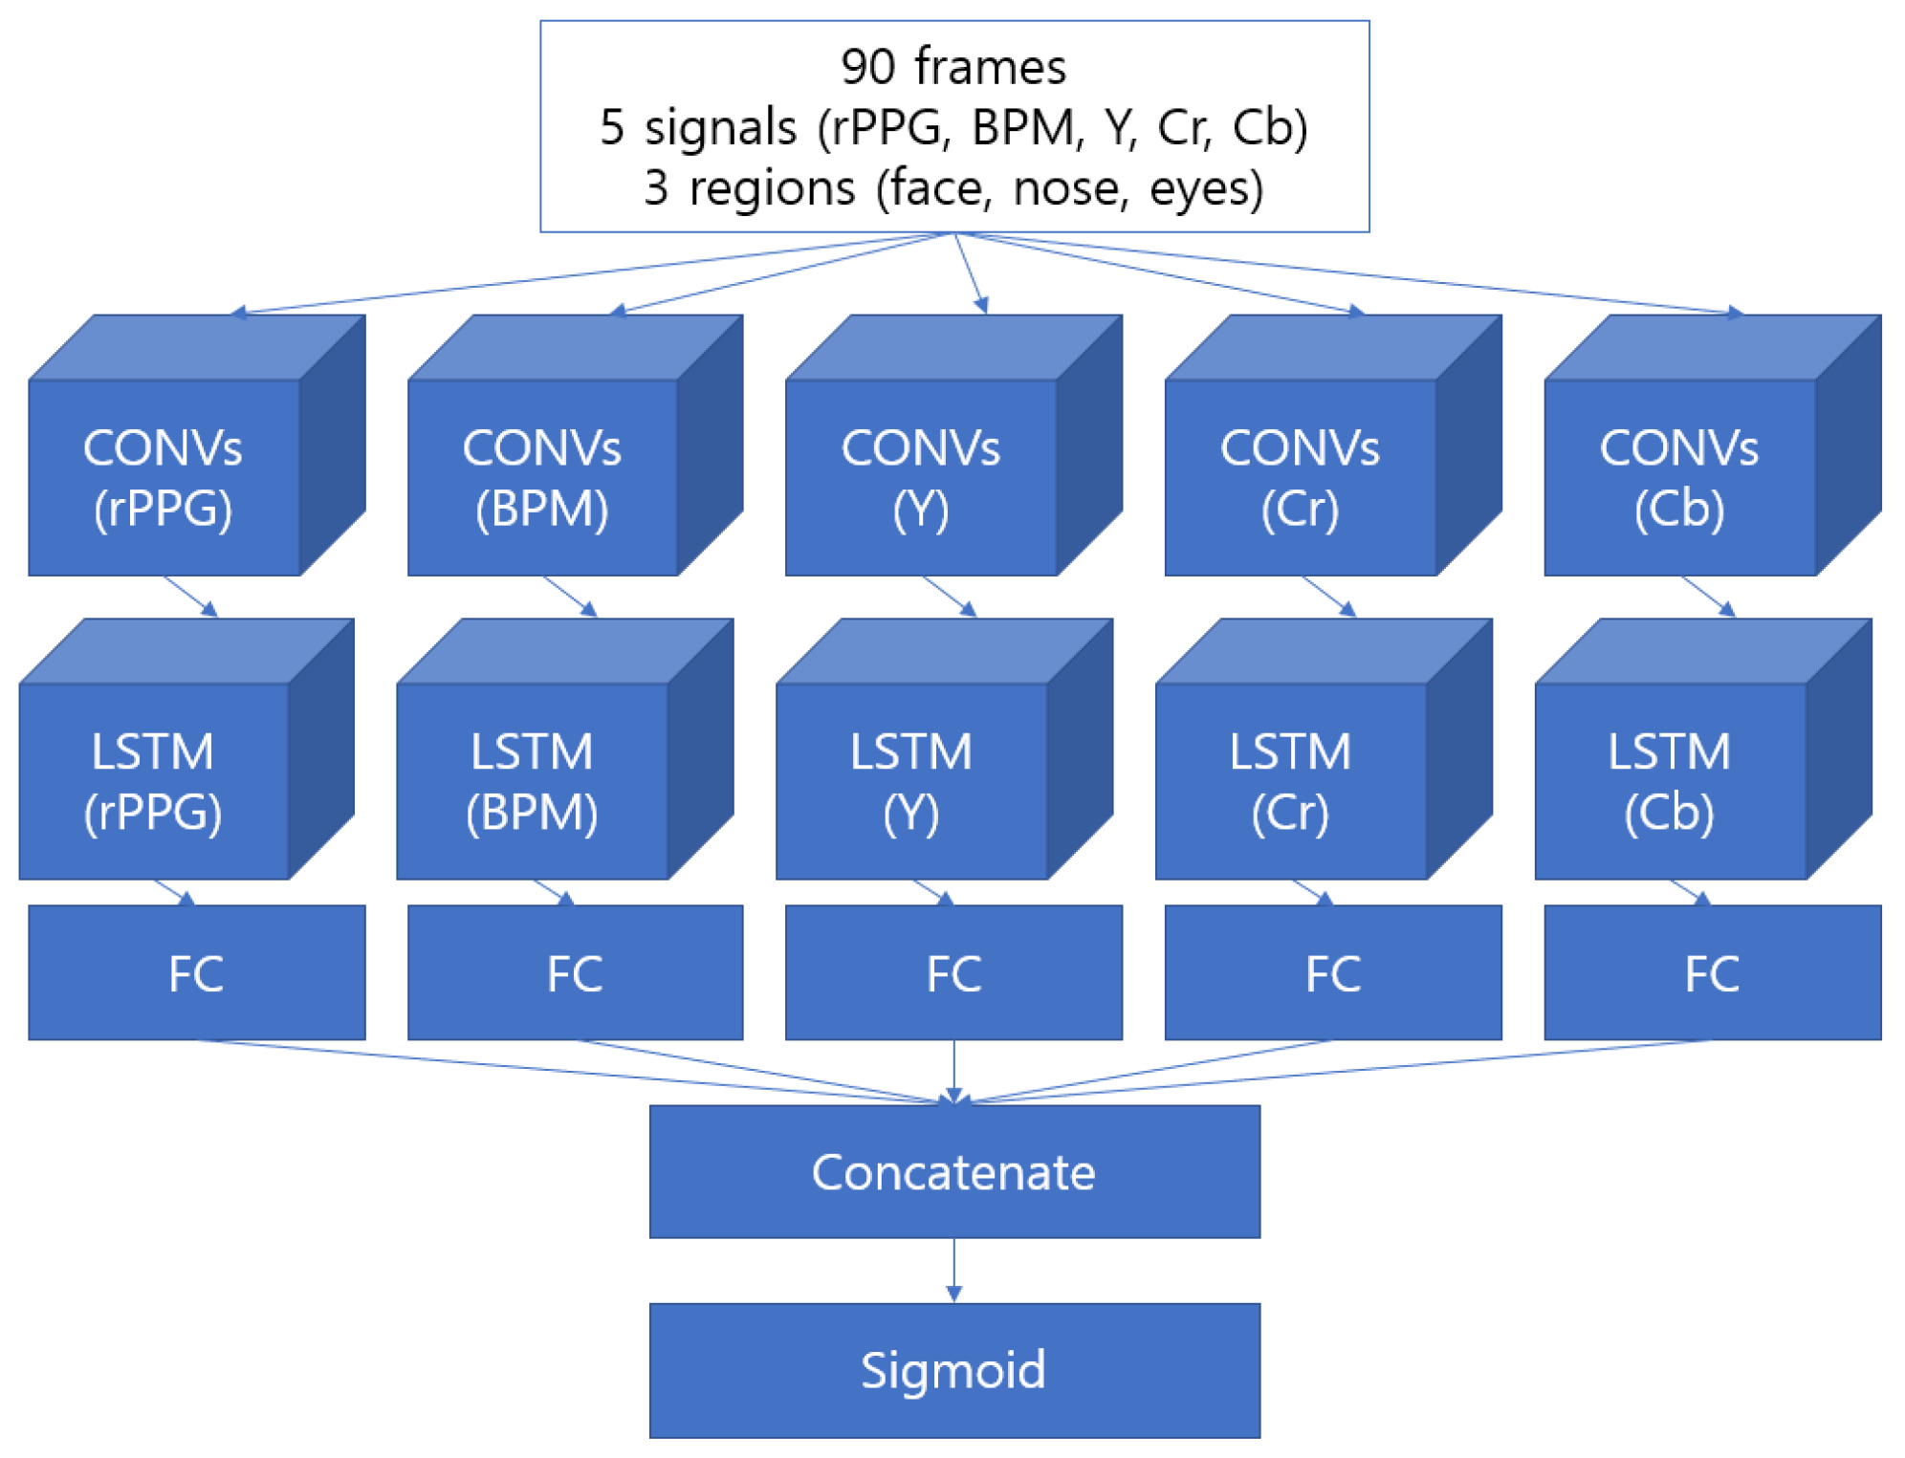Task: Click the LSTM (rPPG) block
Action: (x=153, y=780)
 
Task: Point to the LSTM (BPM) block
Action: (x=532, y=780)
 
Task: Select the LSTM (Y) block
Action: (x=911, y=780)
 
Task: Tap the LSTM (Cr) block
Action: (x=1290, y=780)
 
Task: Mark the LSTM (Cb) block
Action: (x=1670, y=780)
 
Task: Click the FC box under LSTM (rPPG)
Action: (x=196, y=972)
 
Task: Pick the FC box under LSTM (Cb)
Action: (x=1712, y=972)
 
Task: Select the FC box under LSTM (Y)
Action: (x=953, y=972)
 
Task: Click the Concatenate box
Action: (x=953, y=1171)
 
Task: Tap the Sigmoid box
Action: (x=953, y=1369)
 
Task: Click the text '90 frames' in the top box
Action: (x=953, y=67)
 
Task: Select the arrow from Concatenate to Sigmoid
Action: (x=953, y=1270)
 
